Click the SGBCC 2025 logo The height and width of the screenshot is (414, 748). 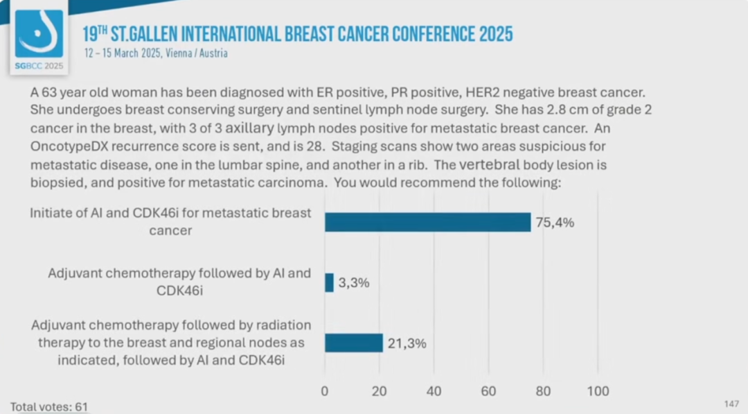[39, 41]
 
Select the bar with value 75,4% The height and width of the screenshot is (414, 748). [427, 222]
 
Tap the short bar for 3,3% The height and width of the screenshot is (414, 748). [329, 282]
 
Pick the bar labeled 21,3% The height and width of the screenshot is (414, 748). [353, 343]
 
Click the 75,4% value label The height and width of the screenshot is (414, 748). [555, 223]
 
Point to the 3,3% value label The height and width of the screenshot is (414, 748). [354, 283]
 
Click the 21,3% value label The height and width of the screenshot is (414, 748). [407, 343]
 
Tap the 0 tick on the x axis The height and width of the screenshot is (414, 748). [325, 391]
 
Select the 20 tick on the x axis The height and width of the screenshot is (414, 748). [379, 391]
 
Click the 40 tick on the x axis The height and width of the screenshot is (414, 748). [434, 391]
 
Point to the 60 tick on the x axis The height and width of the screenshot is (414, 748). [488, 391]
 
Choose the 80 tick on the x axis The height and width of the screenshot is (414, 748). [543, 391]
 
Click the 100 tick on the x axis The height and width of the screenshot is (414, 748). [598, 391]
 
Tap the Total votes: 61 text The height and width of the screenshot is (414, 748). [49, 406]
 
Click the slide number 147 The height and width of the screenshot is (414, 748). [731, 404]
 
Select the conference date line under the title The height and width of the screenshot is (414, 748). [155, 53]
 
